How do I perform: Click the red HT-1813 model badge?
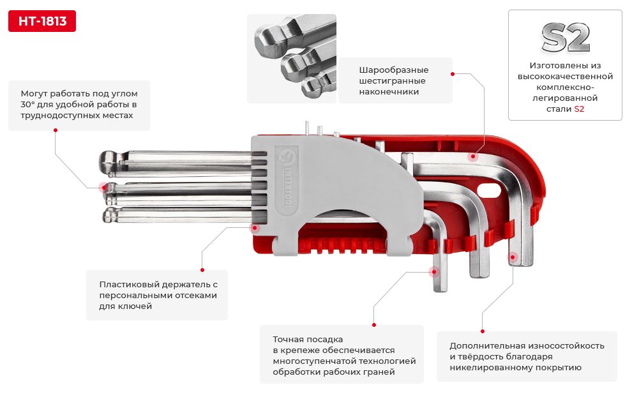42,21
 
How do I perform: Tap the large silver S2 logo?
565,38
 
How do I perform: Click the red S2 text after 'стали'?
579,109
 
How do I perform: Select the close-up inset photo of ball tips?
291,59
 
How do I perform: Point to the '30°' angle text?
29,104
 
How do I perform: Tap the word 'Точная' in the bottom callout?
287,339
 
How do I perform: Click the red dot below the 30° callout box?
56,130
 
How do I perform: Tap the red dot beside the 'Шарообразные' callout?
453,74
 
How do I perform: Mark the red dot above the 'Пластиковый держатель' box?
202,269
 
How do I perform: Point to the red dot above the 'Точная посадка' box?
373,324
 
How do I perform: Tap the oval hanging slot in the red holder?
491,190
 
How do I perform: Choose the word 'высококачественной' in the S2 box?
565,76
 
